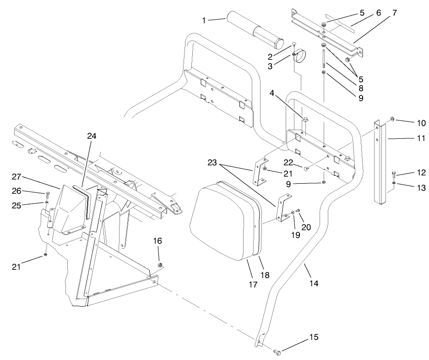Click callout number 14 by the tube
point(313,283)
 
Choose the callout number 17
point(251,285)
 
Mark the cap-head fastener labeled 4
point(306,120)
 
